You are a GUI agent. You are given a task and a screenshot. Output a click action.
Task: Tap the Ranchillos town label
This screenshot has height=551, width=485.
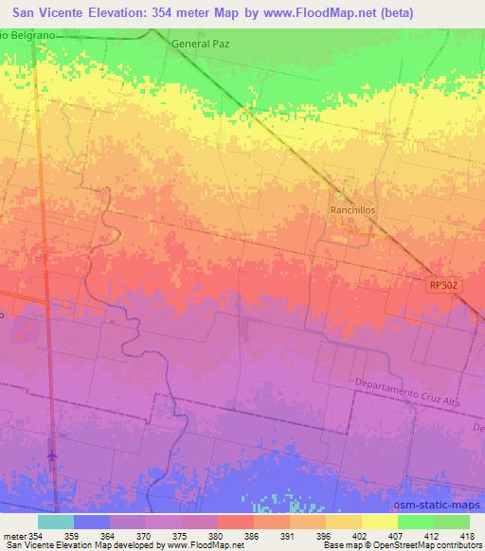(353, 211)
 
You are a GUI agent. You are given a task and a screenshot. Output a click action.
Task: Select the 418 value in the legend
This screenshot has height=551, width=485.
(466, 535)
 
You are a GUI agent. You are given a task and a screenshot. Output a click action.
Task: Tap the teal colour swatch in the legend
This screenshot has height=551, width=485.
(55, 522)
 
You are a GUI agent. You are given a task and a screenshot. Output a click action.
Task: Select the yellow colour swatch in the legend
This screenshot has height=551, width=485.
(379, 522)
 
